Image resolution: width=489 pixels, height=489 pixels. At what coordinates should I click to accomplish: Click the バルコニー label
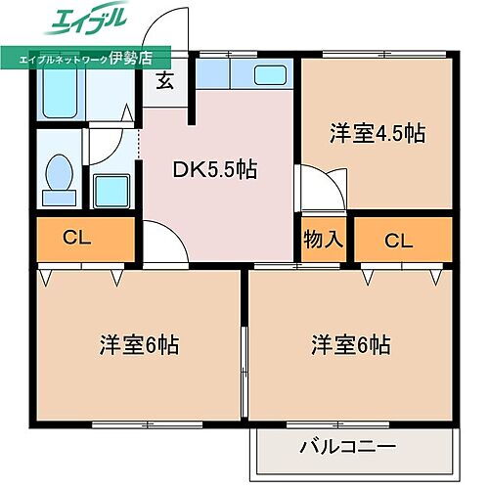[346, 448]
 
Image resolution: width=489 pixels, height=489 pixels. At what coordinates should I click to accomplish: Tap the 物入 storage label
[324, 238]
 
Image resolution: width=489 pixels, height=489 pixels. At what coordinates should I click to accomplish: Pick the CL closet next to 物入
[397, 239]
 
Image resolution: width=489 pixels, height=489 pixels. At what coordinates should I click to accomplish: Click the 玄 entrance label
[165, 81]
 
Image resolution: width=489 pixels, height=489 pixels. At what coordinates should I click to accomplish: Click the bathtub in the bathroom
[61, 93]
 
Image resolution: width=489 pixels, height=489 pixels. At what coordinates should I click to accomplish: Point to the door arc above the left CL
[101, 146]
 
